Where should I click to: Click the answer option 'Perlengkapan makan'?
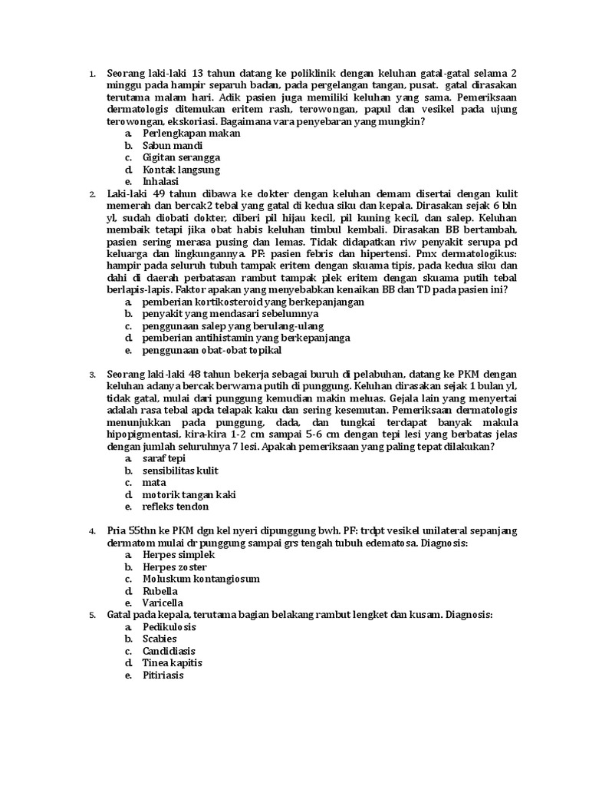pos(191,133)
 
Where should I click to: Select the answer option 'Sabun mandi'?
pos(173,145)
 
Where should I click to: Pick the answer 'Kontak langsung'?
pos(181,170)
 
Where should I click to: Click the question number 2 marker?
pos(91,194)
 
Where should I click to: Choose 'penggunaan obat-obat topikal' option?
pos(212,350)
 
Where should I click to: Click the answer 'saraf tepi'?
pos(164,458)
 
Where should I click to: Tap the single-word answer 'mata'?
pos(154,483)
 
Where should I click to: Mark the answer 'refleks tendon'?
pos(175,507)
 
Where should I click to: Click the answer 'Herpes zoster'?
pos(174,566)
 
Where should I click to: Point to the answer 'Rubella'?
pos(160,591)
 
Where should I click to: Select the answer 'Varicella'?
pos(162,603)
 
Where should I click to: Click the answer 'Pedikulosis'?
pos(169,627)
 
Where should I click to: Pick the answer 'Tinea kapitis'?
pos(172,662)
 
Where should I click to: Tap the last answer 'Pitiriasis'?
pos(163,675)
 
